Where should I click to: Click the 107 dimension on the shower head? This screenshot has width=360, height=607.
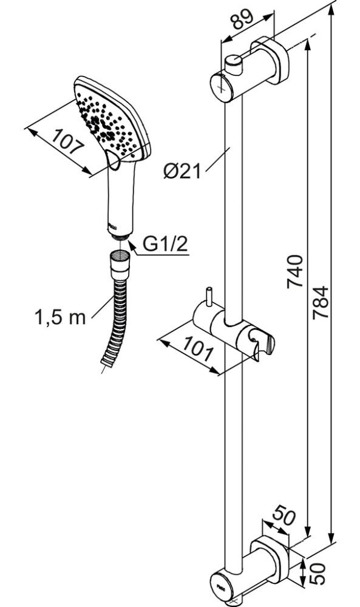coord(68,142)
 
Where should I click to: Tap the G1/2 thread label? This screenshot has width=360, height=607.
coord(166,243)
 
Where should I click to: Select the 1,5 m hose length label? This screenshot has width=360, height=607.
coord(60,317)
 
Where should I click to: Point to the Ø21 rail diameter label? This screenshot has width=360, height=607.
coord(182,171)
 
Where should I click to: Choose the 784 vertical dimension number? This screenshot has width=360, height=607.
coord(321,302)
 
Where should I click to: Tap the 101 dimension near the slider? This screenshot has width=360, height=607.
coord(197,349)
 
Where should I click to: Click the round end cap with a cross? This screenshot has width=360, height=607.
coord(222,88)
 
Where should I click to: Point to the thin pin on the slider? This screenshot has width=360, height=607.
coord(209,297)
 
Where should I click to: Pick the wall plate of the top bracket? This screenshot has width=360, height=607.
coord(270,60)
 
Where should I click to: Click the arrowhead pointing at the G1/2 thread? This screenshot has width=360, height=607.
coord(132,246)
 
